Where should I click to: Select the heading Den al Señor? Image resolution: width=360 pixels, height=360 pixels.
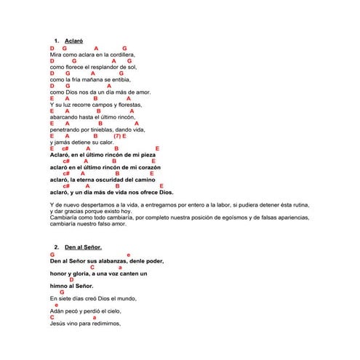tap(83, 247)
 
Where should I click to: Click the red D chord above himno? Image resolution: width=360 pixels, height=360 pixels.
tap(71, 279)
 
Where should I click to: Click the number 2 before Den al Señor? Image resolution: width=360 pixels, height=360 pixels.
tap(56, 247)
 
